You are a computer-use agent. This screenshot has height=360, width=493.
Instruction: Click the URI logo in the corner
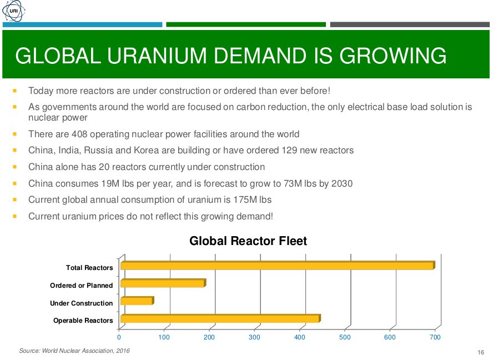click(12, 12)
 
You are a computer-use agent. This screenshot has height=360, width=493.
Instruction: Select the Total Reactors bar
click(277, 266)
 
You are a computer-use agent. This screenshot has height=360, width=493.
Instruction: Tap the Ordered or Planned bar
click(163, 284)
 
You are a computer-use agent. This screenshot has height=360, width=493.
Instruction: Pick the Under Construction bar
click(137, 301)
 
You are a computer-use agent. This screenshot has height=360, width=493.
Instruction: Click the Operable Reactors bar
click(220, 319)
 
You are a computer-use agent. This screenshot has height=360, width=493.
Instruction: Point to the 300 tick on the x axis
click(255, 337)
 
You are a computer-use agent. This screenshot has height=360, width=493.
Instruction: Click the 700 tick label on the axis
click(435, 337)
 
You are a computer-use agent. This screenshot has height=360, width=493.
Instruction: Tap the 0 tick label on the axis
click(119, 337)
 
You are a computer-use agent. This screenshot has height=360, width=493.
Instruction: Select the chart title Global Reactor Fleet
click(248, 241)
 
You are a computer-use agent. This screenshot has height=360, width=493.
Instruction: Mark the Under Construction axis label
click(81, 303)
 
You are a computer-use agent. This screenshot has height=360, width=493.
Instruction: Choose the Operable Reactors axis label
click(83, 321)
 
